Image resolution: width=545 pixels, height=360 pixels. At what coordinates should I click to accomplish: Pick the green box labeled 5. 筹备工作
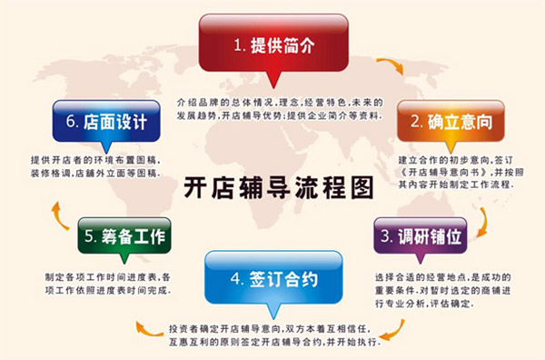pyautogui.click(x=124, y=236)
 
